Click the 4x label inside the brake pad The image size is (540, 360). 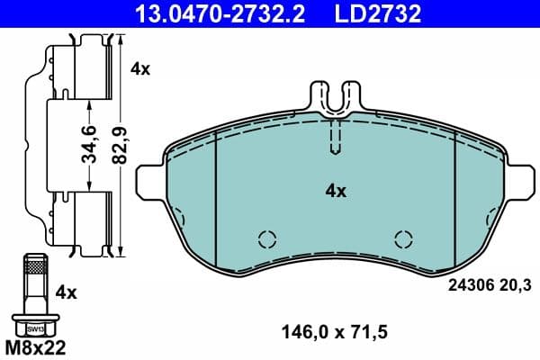pos(335,191)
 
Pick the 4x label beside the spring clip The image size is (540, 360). pos(139,67)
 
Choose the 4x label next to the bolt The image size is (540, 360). pos(66,292)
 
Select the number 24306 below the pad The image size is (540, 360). pos(468,287)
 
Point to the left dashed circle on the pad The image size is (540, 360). pos(266,238)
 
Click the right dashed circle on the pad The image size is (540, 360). pos(404,238)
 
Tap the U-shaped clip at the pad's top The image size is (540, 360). pos(335,99)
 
